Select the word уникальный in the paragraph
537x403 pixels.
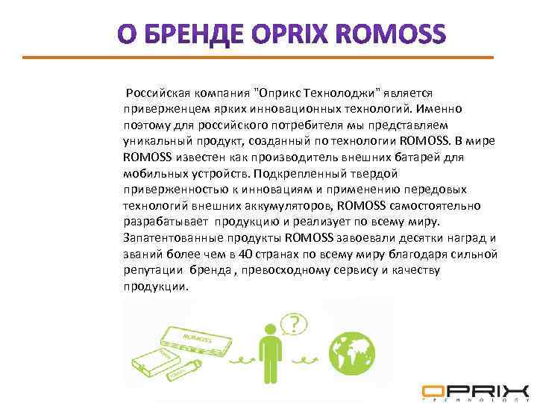157,140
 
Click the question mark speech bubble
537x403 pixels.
295,324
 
